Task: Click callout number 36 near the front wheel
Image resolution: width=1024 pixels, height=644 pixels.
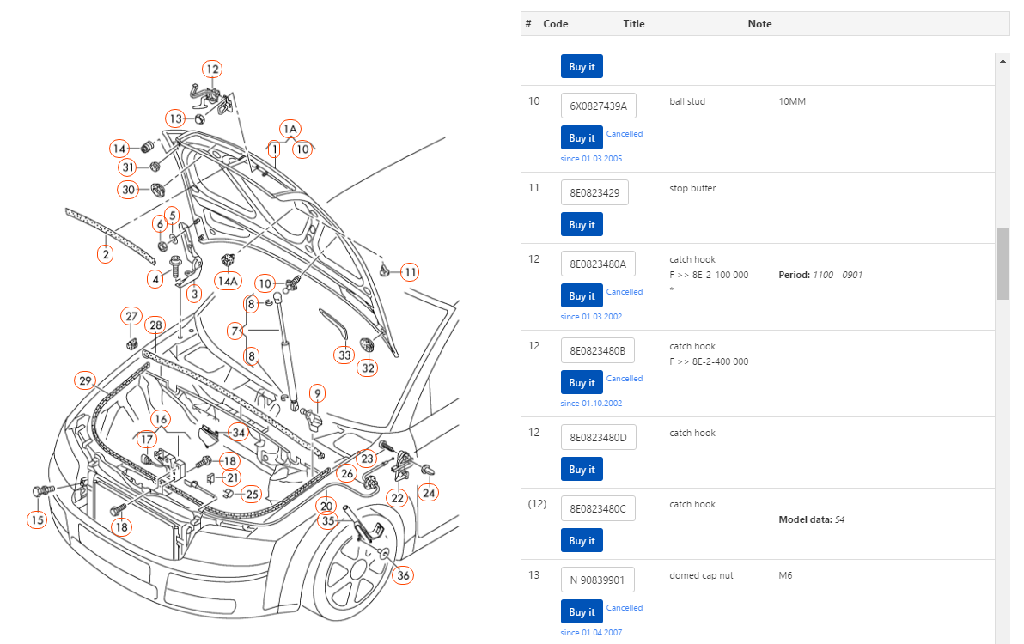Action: [404, 575]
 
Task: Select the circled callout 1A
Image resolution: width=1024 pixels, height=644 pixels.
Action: [290, 129]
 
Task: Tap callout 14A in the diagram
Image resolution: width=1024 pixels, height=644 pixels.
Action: [228, 282]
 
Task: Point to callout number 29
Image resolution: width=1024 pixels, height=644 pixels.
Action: [85, 380]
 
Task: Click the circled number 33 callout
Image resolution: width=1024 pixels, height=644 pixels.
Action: [344, 355]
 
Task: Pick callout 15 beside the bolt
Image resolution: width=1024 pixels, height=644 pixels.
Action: [37, 520]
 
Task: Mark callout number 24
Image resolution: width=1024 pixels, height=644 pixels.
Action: [429, 493]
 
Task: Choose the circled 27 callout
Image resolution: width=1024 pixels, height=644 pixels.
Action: [131, 317]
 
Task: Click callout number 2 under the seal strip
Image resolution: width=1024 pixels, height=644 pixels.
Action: [106, 254]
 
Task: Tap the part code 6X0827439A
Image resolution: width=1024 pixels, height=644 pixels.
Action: [598, 106]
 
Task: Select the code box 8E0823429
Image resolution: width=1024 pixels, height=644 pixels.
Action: [594, 192]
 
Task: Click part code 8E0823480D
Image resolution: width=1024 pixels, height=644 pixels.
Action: [598, 437]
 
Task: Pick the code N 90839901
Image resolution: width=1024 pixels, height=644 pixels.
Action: [597, 580]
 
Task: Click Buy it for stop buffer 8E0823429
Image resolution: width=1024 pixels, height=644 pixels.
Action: [582, 224]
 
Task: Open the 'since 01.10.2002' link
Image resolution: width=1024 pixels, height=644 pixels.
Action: [591, 404]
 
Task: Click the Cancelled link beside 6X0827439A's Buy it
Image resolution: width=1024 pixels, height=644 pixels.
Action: [625, 134]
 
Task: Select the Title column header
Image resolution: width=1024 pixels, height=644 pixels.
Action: [633, 23]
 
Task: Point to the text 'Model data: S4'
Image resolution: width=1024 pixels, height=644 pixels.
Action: [812, 519]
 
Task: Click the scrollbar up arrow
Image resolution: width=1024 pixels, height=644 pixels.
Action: [1003, 61]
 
